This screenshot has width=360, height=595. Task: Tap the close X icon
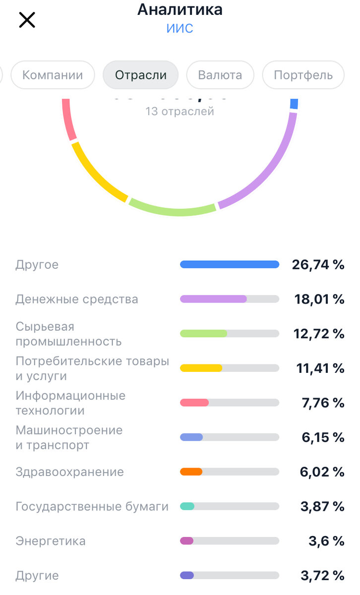pyautogui.click(x=27, y=20)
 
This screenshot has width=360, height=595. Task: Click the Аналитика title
pyautogui.click(x=180, y=9)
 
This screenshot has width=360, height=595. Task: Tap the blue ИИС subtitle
pyautogui.click(x=180, y=28)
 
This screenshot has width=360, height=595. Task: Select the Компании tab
pyautogui.click(x=53, y=75)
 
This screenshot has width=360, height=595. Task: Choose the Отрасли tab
pyautogui.click(x=140, y=75)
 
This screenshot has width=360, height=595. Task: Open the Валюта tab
pyautogui.click(x=220, y=75)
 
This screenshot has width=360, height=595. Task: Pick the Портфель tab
pyautogui.click(x=303, y=75)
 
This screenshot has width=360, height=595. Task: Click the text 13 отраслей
pyautogui.click(x=180, y=111)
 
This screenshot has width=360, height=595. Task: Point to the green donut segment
pyautogui.click(x=173, y=209)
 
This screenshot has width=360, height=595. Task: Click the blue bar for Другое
pyautogui.click(x=229, y=265)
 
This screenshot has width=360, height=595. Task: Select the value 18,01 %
pyautogui.click(x=318, y=299)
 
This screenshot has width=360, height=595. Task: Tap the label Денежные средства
pyautogui.click(x=77, y=299)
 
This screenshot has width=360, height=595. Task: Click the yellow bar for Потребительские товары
pyautogui.click(x=201, y=368)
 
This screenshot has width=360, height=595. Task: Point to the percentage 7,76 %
pyautogui.click(x=323, y=403)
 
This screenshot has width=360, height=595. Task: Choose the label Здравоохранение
pyautogui.click(x=69, y=472)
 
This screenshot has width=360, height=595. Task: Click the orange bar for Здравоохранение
pyautogui.click(x=191, y=472)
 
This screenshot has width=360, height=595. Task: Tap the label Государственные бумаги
pyautogui.click(x=92, y=506)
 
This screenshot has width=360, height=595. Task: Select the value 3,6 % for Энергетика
pyautogui.click(x=326, y=541)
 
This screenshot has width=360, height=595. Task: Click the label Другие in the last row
pyautogui.click(x=37, y=575)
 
